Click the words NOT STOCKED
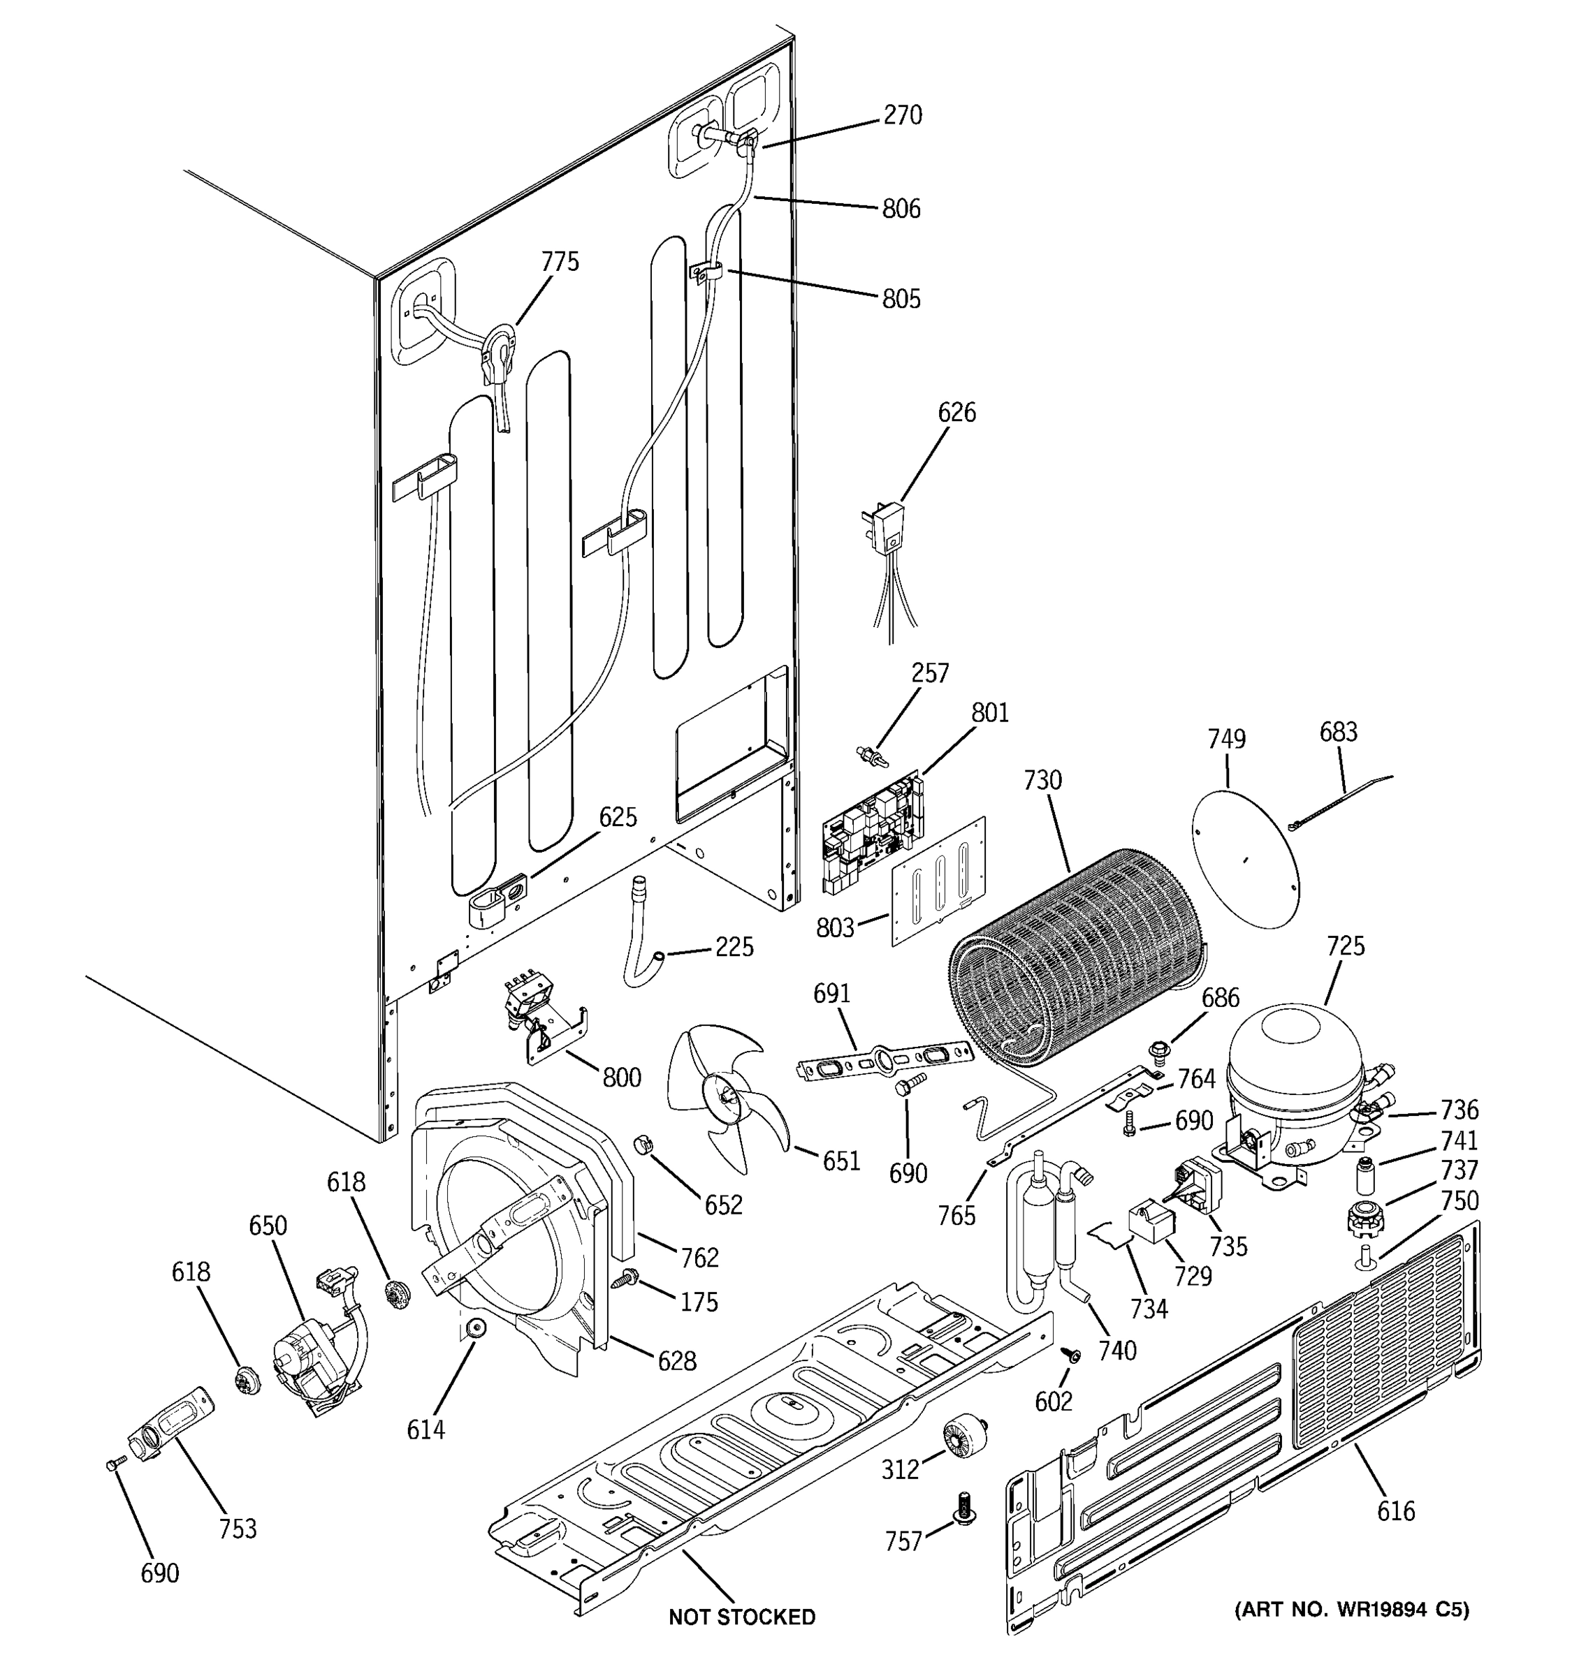[x=741, y=1617]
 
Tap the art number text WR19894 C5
[x=1352, y=1610]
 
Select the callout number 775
[x=560, y=262]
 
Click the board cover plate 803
[x=938, y=883]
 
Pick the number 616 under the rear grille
[x=1396, y=1510]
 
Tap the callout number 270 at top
[x=903, y=115]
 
